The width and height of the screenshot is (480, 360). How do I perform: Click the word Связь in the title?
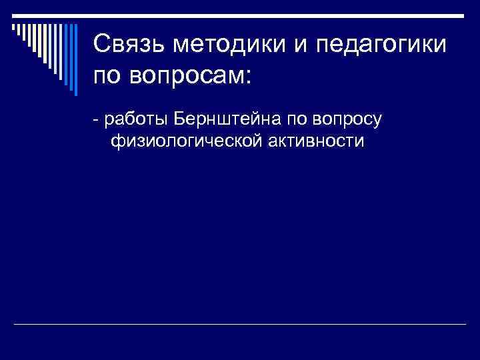pyautogui.click(x=129, y=45)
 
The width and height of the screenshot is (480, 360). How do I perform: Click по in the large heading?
pyautogui.click(x=108, y=75)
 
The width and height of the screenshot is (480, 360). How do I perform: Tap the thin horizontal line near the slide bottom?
pyautogui.click(x=240, y=325)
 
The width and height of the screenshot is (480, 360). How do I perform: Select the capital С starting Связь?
pyautogui.click(x=101, y=45)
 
